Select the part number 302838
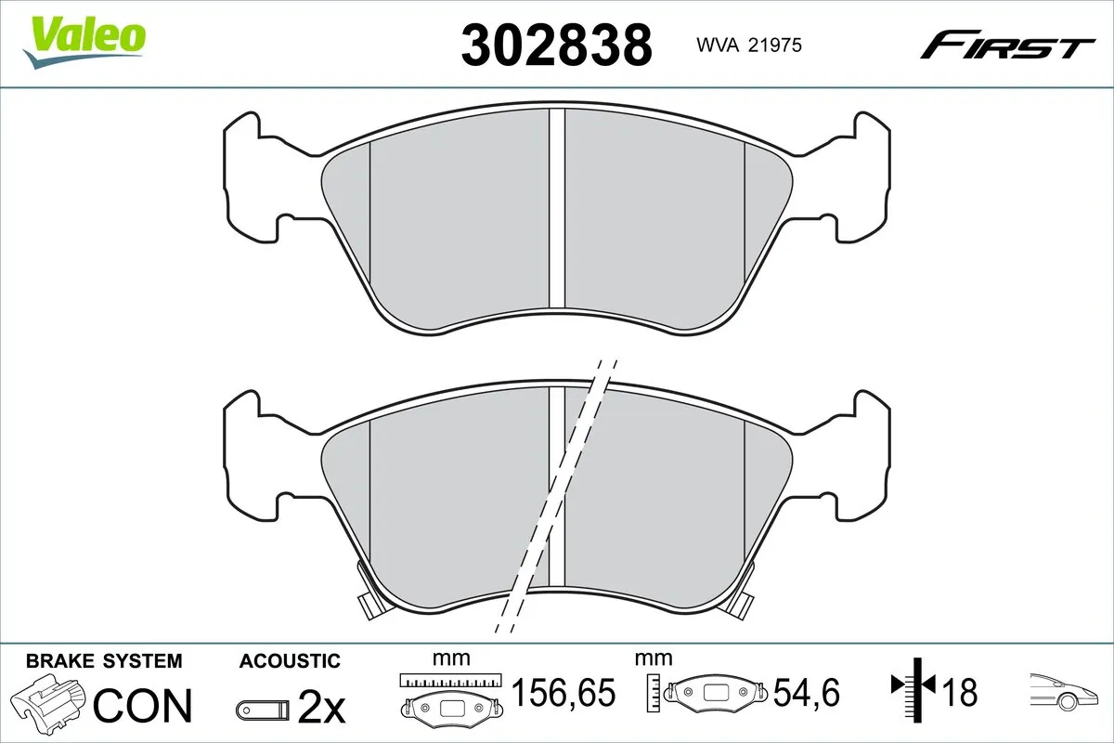(557, 45)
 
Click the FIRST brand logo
(1006, 45)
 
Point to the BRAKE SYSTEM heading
(104, 661)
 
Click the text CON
(143, 706)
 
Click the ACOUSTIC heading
(290, 661)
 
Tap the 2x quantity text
(321, 710)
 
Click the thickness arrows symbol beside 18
(913, 687)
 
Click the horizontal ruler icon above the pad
(450, 680)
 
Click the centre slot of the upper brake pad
(557, 209)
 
